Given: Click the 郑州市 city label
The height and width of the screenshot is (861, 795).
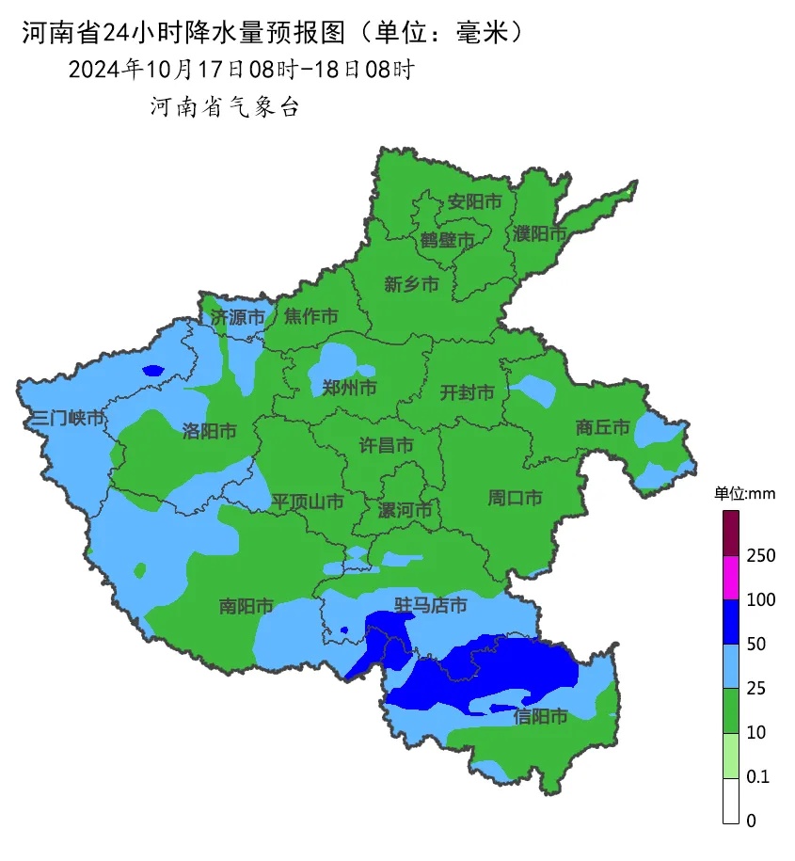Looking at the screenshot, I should point(349,388).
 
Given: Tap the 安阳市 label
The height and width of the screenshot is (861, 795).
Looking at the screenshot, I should point(474,201).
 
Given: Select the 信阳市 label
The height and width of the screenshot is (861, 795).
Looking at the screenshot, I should point(540,717).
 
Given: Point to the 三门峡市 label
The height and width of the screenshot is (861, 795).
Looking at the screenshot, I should point(67,418).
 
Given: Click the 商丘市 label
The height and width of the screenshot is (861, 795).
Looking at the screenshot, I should point(602,427).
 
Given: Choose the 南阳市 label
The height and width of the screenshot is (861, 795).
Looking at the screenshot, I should point(246,606).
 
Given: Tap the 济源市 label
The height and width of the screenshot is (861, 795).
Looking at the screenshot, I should point(237,317).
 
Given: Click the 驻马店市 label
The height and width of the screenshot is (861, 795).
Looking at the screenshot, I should point(430,605).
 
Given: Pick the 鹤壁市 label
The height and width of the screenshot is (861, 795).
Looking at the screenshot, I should point(447,241).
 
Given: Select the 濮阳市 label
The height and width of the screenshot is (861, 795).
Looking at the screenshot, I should point(540,232).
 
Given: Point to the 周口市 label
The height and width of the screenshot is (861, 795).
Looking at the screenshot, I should point(515,498).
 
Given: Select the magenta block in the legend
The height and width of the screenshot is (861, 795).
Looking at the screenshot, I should point(731,577).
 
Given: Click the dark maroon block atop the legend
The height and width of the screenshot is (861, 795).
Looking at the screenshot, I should point(731,533).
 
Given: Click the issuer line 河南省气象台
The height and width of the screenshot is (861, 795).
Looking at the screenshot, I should point(224,107).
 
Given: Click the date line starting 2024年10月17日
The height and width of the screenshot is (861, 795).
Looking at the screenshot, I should point(241,69).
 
